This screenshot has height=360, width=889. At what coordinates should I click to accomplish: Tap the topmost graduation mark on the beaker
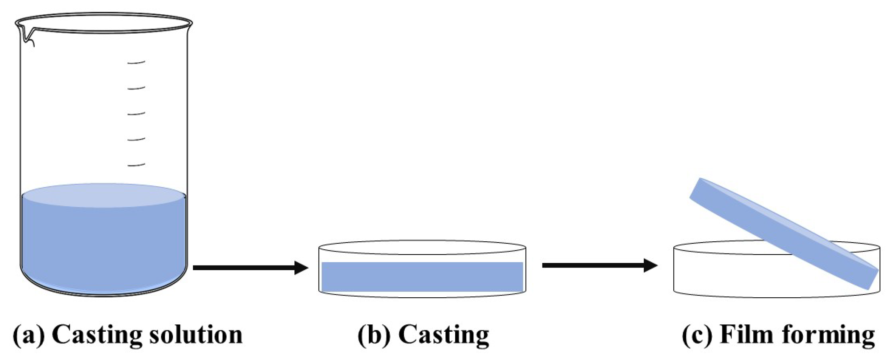(136, 62)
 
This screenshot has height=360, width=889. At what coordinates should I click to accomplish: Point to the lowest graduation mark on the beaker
(136, 165)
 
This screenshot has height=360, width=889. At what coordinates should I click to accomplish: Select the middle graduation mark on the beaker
(136, 114)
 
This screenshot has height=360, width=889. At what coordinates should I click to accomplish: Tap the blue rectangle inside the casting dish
(422, 277)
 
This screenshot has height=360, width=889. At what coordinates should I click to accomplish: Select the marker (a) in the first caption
(29, 335)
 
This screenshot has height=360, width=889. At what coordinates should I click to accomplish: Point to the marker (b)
(374, 335)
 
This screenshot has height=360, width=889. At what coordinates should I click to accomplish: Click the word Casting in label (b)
(444, 335)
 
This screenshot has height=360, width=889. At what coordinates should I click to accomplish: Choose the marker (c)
(697, 335)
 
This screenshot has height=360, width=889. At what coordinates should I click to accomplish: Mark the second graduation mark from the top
(136, 88)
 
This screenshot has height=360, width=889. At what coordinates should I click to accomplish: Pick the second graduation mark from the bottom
(136, 139)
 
